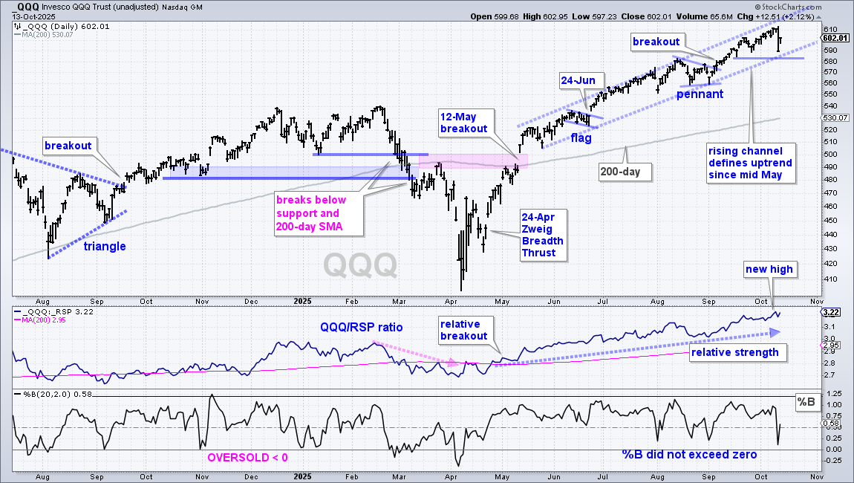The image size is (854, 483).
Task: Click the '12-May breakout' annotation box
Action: pyautogui.click(x=466, y=123)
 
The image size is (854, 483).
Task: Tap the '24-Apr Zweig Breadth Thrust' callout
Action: pyautogui.click(x=543, y=235)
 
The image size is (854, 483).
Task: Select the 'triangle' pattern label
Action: pyautogui.click(x=105, y=247)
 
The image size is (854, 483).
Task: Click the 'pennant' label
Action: pyautogui.click(x=700, y=94)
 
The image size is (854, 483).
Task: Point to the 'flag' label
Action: pyautogui.click(x=581, y=138)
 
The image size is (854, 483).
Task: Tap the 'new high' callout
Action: pyautogui.click(x=769, y=269)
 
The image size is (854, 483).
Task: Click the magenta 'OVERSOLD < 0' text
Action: pyautogui.click(x=247, y=458)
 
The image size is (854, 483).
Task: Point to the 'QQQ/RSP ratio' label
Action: pyautogui.click(x=362, y=327)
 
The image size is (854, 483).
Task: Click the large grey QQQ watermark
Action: pyautogui.click(x=360, y=265)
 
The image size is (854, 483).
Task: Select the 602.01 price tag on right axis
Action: pyautogui.click(x=835, y=38)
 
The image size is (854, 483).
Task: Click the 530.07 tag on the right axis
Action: pyautogui.click(x=835, y=117)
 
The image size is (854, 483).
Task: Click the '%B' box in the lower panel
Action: pyautogui.click(x=806, y=402)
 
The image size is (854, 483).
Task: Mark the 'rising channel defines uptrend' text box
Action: pyautogui.click(x=750, y=163)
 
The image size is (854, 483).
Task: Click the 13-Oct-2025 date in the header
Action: pyautogui.click(x=33, y=17)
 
